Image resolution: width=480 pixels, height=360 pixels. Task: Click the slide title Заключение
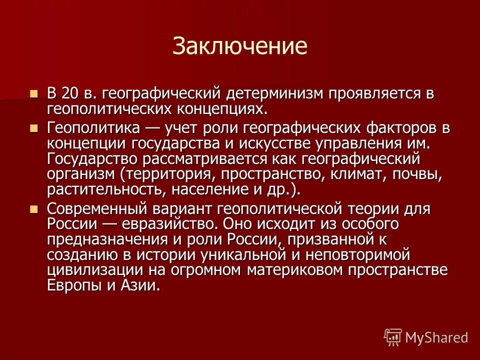pos(239,46)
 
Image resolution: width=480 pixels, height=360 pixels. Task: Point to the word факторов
pos(396,127)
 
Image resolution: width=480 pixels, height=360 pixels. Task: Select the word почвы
pos(419,175)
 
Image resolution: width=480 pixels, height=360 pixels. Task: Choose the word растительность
pos(105,190)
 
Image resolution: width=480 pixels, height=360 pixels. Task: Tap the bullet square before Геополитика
pos(34,128)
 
